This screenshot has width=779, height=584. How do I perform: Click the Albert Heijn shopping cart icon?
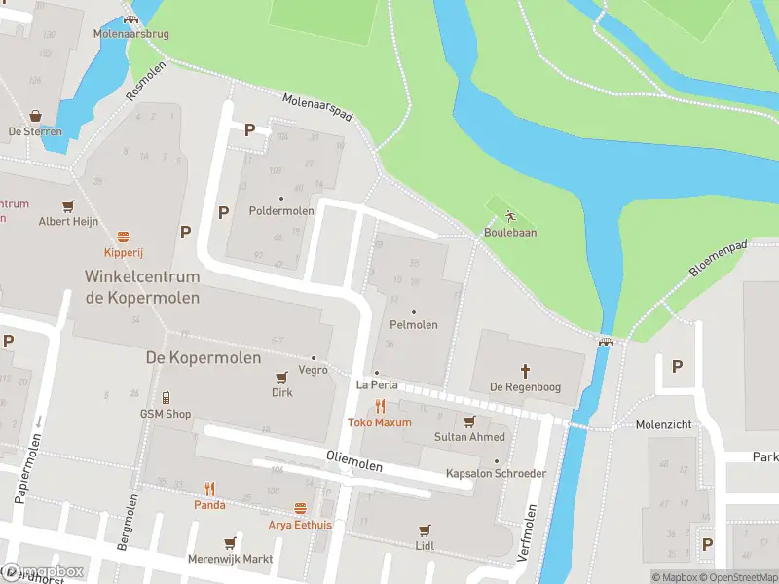coord(68,205)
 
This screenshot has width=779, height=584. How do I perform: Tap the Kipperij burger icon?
coord(124,237)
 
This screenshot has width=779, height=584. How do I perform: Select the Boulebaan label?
coord(510,233)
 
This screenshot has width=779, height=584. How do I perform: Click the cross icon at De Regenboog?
coord(525,371)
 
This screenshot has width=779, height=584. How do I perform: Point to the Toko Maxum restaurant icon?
coord(380,407)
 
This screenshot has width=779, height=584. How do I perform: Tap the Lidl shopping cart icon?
coord(424,530)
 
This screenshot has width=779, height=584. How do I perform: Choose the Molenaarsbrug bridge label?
coord(130,34)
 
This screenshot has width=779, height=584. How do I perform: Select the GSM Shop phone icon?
coord(166,397)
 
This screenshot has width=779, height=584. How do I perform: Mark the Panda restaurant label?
coord(208,505)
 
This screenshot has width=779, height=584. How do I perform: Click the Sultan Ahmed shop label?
coord(469,437)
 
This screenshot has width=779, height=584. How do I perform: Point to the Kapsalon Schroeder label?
coord(496,474)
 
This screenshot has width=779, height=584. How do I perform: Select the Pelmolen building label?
coord(413,324)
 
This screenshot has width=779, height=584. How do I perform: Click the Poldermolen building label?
coord(281,211)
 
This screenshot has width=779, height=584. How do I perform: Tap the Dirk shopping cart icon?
coord(281,378)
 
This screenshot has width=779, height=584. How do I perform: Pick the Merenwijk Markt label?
coord(230,560)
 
